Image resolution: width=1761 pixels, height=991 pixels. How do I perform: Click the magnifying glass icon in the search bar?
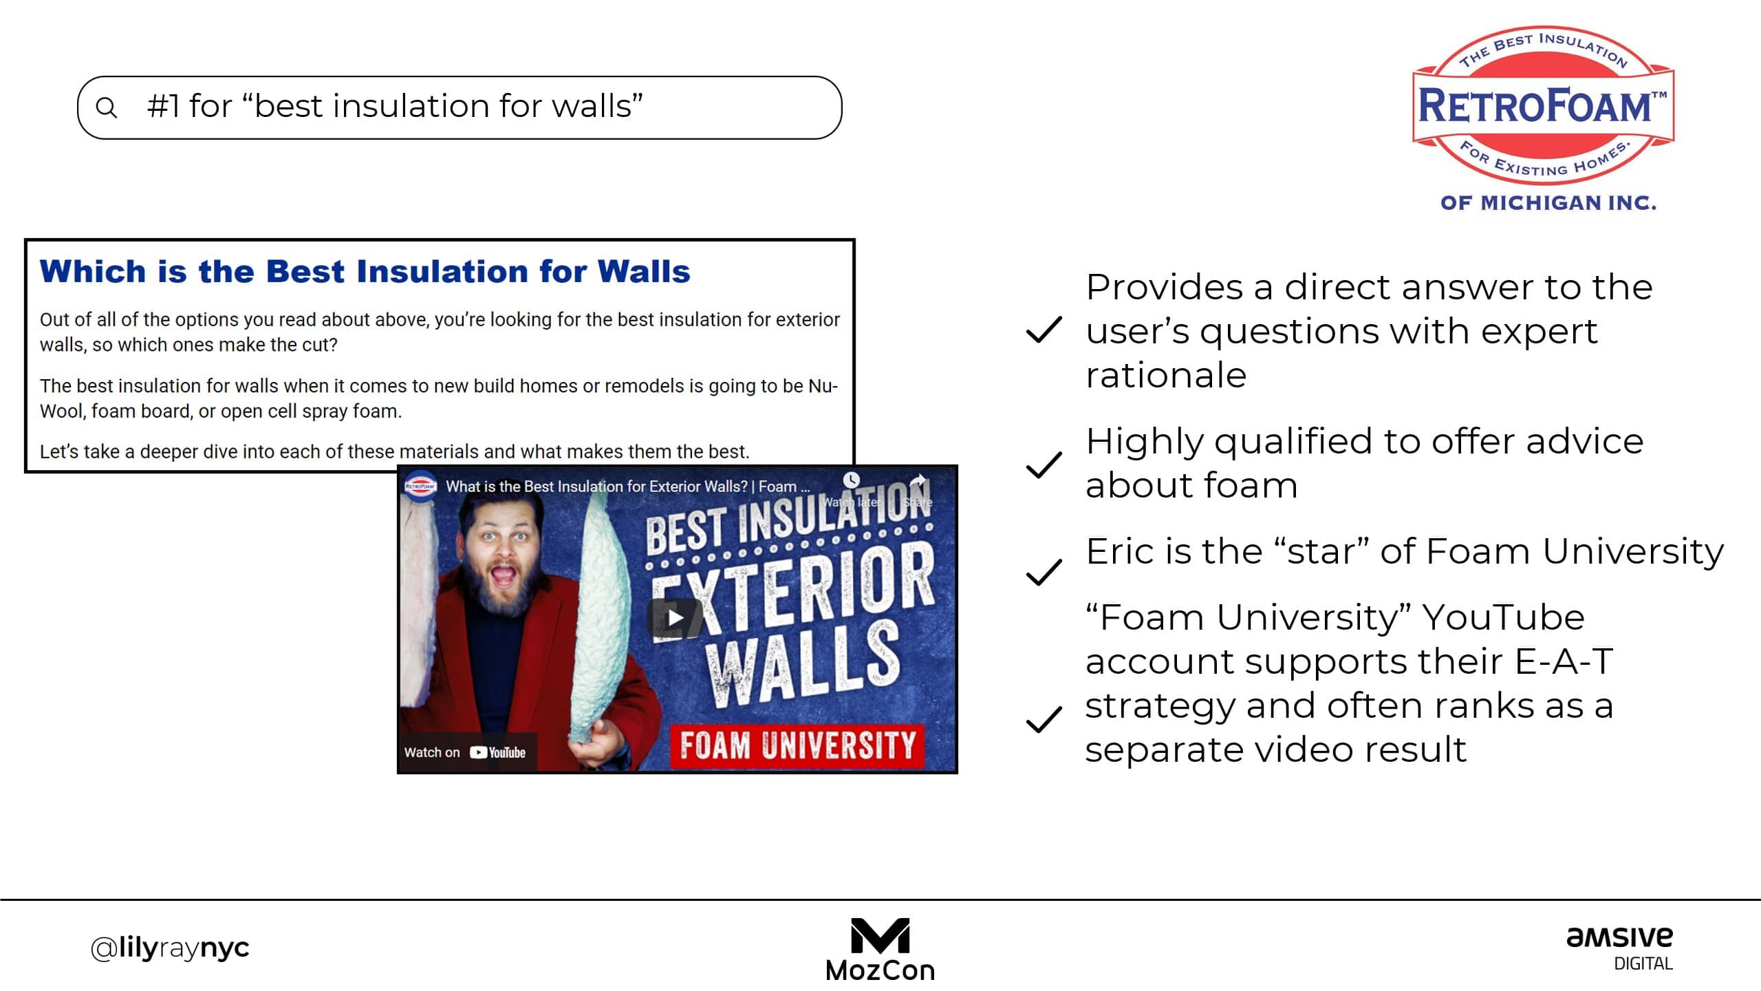(107, 107)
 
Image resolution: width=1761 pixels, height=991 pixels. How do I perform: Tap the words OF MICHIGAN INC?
(1548, 203)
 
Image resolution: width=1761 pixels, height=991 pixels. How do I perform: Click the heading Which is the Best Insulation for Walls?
(365, 271)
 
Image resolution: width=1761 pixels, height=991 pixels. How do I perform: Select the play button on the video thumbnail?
(675, 617)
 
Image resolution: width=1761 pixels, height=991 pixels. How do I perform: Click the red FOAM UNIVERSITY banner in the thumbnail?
(797, 745)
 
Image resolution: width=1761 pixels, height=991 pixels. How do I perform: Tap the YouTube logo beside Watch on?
(497, 752)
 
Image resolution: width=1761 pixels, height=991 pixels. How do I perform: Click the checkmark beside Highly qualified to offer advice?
(1044, 465)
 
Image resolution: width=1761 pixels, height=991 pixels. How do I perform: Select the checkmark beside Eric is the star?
(1044, 572)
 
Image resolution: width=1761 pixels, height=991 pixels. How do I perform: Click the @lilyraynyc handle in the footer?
(170, 948)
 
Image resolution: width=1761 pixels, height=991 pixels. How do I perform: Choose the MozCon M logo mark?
(880, 936)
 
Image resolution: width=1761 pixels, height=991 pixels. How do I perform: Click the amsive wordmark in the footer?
(1619, 937)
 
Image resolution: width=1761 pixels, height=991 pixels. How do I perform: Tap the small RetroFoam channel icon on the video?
(420, 486)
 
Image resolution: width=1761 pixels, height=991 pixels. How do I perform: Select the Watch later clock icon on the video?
(852, 480)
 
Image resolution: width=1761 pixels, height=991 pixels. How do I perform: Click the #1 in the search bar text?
(163, 106)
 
